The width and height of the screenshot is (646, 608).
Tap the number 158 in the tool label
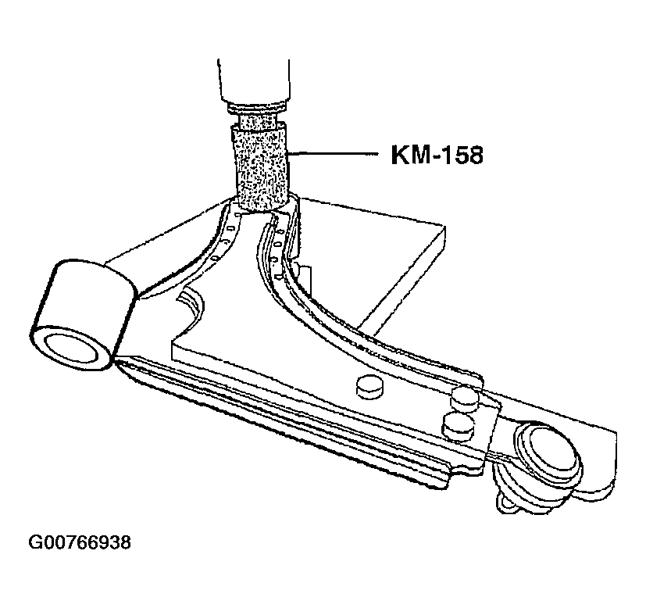[x=463, y=156]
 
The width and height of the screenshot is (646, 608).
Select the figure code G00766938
[x=80, y=542]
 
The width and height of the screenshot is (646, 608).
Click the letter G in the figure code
[x=34, y=542]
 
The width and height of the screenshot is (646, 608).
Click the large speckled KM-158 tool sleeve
[x=260, y=169]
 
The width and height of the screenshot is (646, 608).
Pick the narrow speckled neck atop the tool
[x=258, y=120]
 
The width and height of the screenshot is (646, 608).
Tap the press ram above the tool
[x=253, y=80]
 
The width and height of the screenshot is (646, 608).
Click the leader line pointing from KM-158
[x=333, y=153]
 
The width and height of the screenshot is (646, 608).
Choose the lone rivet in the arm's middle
[x=369, y=386]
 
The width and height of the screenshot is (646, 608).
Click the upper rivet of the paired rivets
[x=465, y=397]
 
